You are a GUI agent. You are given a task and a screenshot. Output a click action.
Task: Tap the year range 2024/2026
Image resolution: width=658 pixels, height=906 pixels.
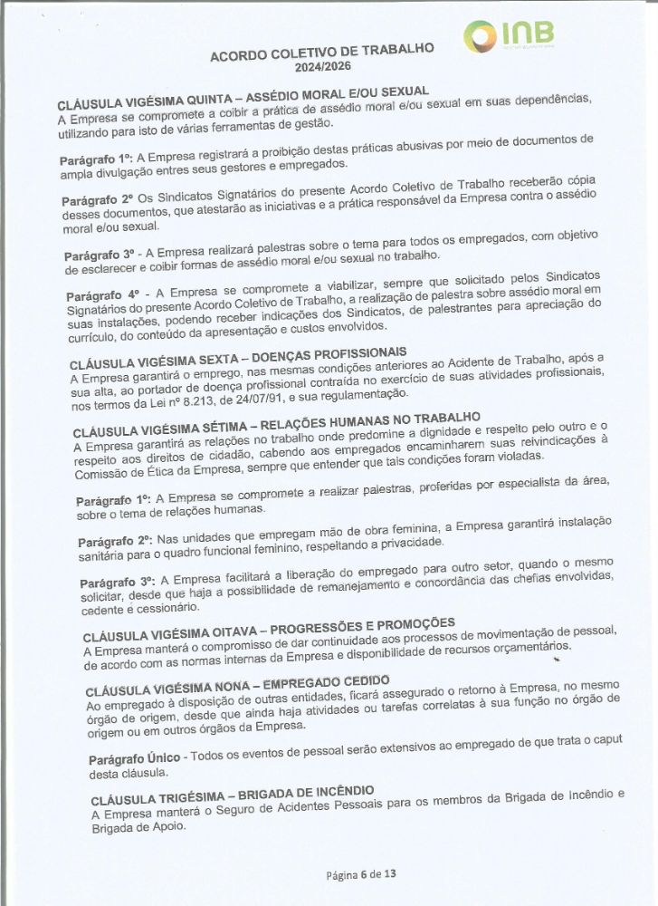click(323, 67)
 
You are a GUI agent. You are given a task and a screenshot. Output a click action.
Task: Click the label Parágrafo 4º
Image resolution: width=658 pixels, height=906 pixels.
click(102, 294)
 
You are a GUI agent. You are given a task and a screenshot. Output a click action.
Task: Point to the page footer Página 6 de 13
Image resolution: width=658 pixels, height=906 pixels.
click(361, 875)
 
